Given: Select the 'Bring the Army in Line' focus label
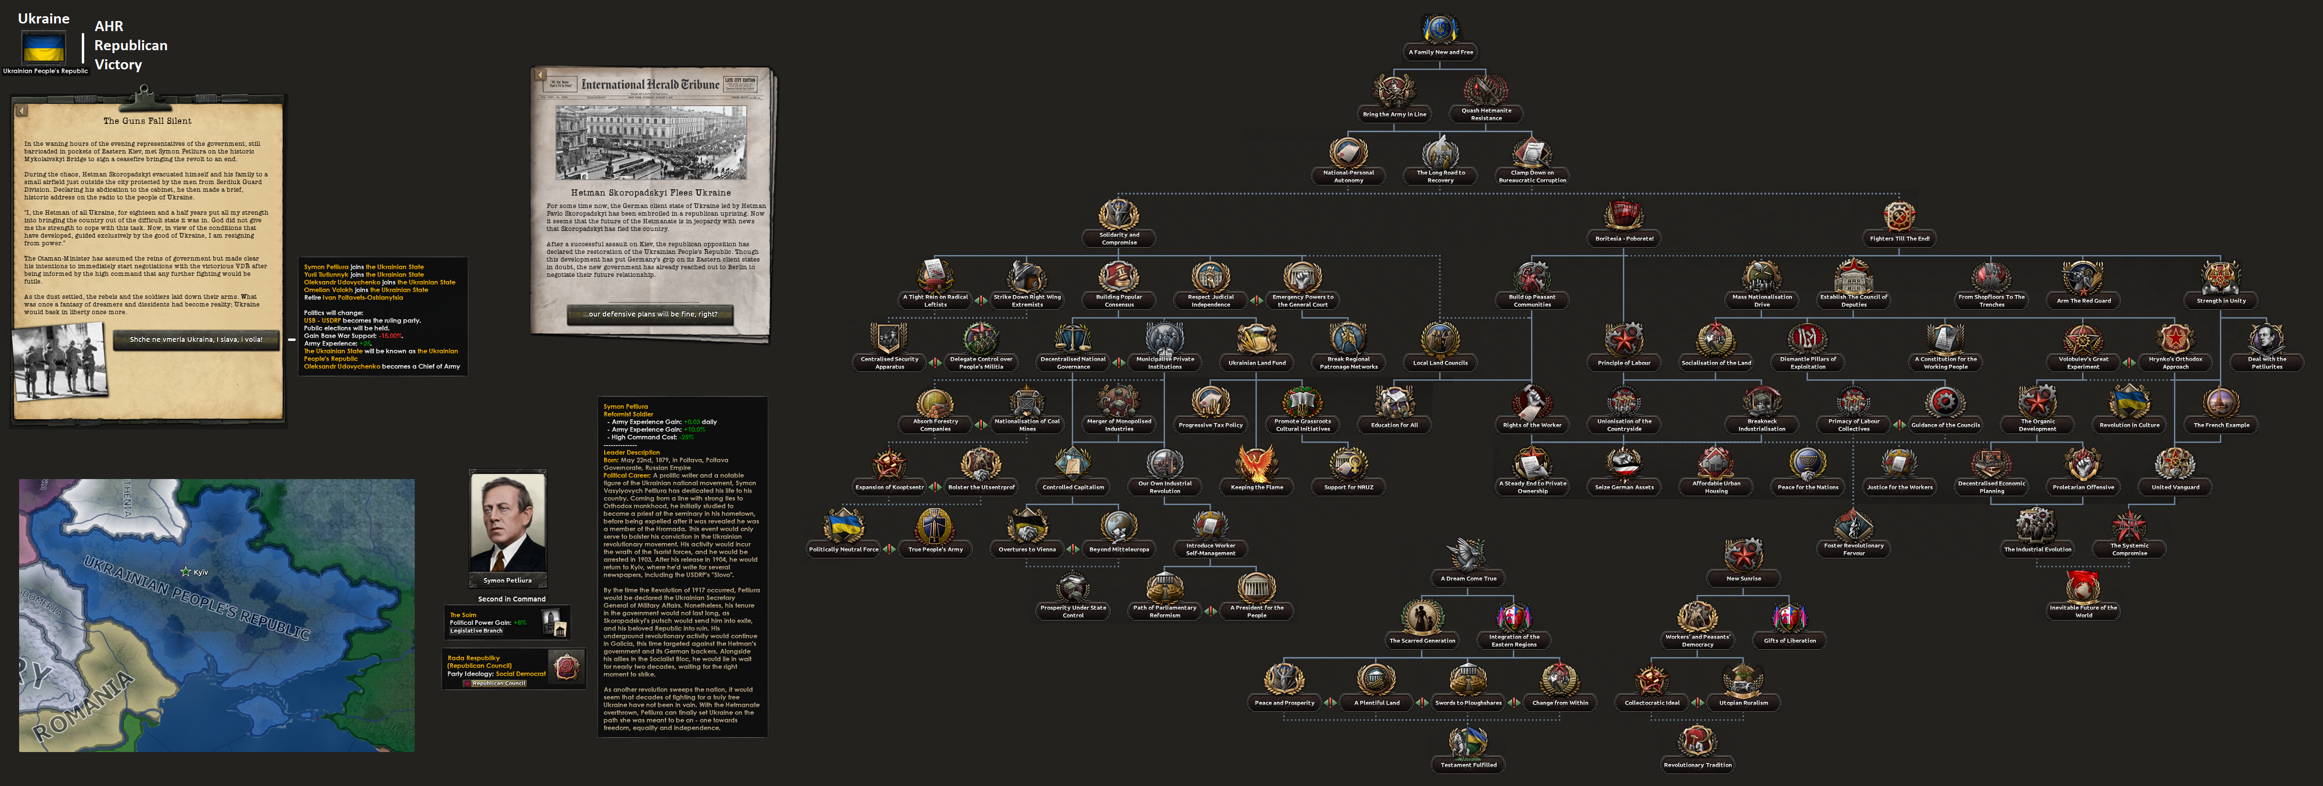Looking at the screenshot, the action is pos(1394,114).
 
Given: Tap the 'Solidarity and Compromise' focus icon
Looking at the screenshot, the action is pos(1118,216).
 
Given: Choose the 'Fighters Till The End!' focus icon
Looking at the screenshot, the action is pos(1899,216).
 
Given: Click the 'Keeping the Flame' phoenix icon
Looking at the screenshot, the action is pos(1256,464).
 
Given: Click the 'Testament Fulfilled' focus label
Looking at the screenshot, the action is pos(1468,765).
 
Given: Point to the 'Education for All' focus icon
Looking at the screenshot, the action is pos(1394,402).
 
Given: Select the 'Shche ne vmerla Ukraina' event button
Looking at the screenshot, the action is pos(196,340).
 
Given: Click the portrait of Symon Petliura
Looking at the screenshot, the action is pos(508,523).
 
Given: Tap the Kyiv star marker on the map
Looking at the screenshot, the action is pos(186,571).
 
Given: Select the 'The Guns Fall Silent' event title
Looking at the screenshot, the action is pos(147,121).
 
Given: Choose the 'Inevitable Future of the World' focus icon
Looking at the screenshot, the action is pos(2083,588).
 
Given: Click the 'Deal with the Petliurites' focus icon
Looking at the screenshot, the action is pos(2266,340).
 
